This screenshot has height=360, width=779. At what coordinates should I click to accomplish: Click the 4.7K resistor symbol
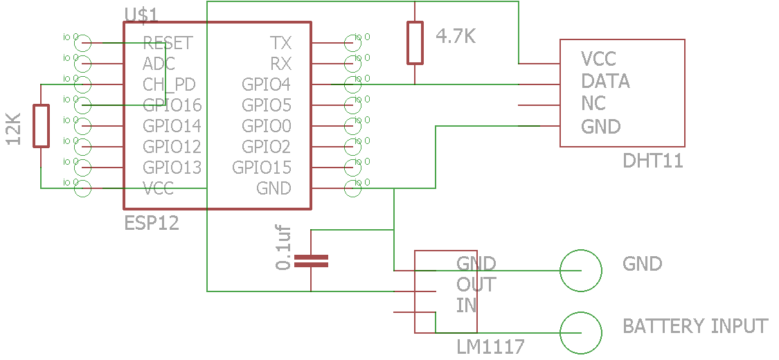pos(415,43)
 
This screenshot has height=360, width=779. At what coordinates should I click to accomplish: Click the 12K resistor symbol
pos(42,126)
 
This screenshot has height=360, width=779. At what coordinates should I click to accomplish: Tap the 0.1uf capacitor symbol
pos(311,261)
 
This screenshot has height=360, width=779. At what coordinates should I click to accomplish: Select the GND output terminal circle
pos(580,271)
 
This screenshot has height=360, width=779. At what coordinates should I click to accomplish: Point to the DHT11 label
pos(652,161)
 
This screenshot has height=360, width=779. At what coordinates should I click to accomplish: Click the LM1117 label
pos(490,345)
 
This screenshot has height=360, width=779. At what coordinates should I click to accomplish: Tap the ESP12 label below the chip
pos(152,223)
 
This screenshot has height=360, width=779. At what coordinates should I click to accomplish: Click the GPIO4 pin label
pos(266,84)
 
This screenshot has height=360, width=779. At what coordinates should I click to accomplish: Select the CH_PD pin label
pos(169,84)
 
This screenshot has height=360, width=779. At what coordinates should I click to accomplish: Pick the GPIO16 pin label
pos(172,105)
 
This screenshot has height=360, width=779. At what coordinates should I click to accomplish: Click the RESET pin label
pos(167,43)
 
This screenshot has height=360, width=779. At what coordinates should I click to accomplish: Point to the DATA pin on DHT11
pos(605,81)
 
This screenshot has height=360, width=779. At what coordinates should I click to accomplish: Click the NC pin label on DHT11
pos(593,104)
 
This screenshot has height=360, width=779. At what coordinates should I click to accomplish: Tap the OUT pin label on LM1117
pos(476,285)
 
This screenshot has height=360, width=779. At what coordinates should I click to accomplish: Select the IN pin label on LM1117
pos(466,305)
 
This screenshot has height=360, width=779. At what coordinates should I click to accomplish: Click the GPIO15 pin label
pos(262,168)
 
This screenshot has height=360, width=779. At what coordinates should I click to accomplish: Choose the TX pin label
pos(280,43)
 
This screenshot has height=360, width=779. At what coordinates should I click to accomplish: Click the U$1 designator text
pos(141,15)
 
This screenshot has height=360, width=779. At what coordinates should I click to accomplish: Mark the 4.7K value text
pos(456,37)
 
